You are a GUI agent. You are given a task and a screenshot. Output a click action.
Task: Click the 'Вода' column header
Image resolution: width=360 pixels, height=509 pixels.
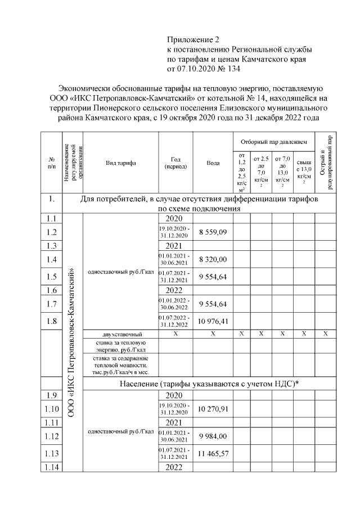213,163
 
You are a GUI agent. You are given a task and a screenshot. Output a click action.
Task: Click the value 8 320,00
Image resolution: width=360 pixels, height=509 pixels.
213,259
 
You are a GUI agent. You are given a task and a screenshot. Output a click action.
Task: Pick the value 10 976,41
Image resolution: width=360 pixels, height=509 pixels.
213,322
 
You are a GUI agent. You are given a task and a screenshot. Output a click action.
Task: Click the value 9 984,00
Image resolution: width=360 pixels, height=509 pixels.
213,436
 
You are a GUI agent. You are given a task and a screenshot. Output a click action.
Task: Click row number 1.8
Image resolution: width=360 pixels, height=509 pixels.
51,322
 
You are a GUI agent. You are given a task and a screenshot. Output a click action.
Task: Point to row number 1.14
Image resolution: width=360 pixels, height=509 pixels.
51,467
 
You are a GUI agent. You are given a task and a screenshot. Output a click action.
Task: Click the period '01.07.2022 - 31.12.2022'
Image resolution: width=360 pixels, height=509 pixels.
175,322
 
